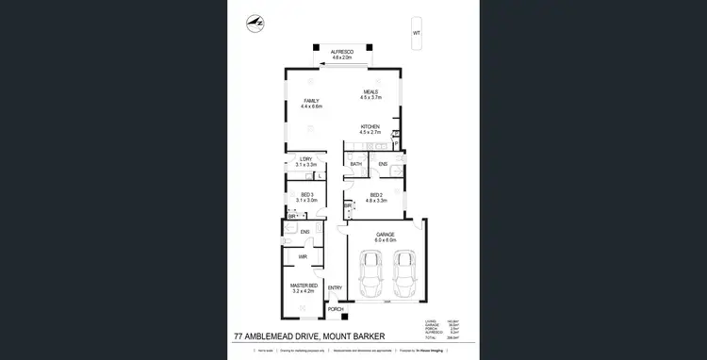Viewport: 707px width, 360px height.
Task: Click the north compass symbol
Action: tap(254, 22)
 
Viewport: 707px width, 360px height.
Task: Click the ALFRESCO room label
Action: tap(341, 52)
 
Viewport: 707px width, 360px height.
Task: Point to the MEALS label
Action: tap(370, 92)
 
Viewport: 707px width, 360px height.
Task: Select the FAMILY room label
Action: tap(311, 101)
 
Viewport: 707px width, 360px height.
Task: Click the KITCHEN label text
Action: tap(370, 126)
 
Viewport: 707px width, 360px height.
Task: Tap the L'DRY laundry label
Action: tap(305, 157)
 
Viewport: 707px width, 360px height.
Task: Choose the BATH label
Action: tap(356, 164)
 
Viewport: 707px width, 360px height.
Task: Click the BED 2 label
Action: tap(376, 195)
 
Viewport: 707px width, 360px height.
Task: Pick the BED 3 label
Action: tap(306, 195)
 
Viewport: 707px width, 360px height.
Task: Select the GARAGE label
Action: tap(385, 233)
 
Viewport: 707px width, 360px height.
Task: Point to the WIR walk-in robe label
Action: tap(304, 256)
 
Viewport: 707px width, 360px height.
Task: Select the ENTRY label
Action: tap(335, 287)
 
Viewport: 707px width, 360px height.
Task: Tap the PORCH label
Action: tap(336, 308)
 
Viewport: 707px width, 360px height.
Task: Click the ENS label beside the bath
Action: tap(384, 164)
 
